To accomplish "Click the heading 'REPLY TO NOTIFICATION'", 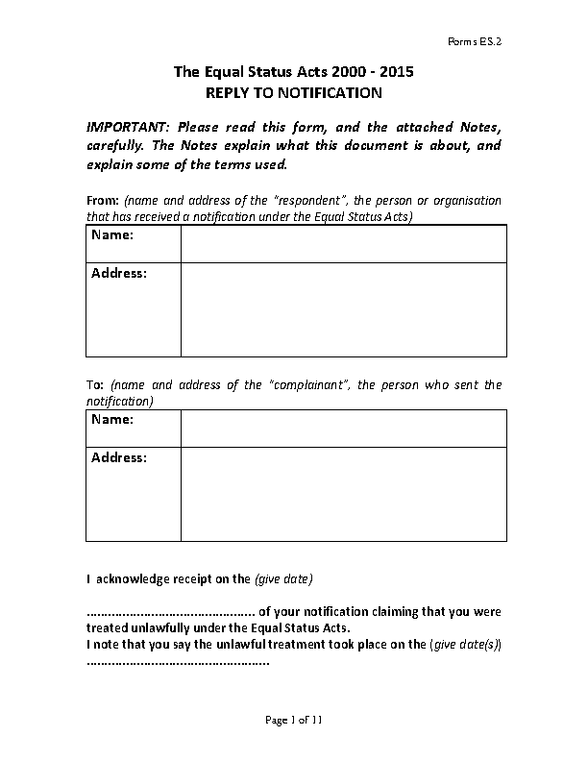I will pos(294,93).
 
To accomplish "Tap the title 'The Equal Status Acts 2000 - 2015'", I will pos(294,72).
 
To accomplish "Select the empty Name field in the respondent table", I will pos(342,243).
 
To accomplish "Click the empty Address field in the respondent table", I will pos(342,308).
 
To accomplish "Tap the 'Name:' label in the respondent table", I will pos(112,235).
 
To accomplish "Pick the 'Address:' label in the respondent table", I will pos(119,274).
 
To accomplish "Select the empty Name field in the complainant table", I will pos(342,428).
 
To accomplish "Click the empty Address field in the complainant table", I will pos(342,493).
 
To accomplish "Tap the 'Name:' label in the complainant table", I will pos(112,420).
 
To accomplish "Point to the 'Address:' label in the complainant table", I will pos(119,458).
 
